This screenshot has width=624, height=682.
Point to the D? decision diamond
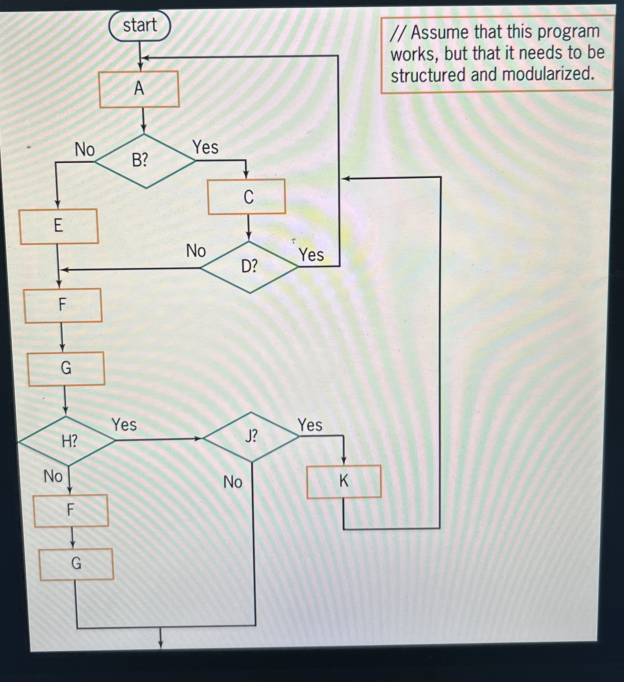click(249, 267)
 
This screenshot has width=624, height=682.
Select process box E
click(59, 226)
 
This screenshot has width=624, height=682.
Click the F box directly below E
click(63, 305)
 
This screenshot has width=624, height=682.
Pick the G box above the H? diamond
click(67, 368)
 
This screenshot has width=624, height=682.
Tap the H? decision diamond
click(67, 441)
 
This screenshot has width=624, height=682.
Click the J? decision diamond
click(251, 437)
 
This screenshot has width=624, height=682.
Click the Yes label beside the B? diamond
click(205, 147)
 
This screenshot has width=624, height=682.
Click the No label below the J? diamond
click(233, 482)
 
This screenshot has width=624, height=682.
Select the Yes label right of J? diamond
click(310, 425)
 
